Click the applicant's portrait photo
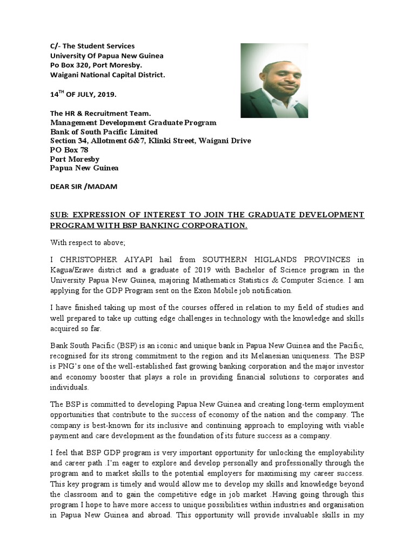point(274,81)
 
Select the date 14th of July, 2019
point(83,94)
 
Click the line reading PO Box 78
point(69,150)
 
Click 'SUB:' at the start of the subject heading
point(60,215)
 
